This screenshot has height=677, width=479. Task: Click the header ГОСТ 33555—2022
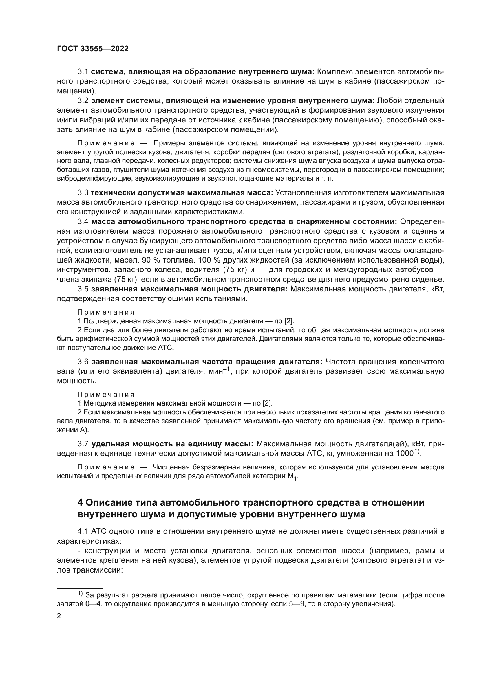pyautogui.click(x=93, y=49)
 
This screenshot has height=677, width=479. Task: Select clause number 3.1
pyautogui.click(x=83, y=72)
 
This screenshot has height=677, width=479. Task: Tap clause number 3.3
pyautogui.click(x=83, y=193)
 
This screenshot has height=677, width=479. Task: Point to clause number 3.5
pyautogui.click(x=83, y=289)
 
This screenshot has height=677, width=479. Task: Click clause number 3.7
pyautogui.click(x=83, y=444)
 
